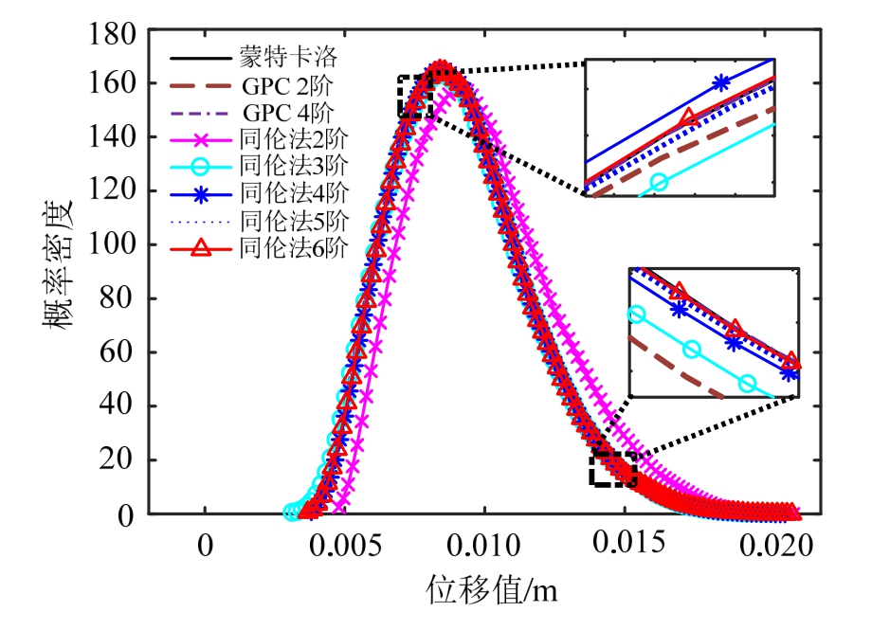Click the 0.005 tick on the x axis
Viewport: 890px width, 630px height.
pyautogui.click(x=344, y=546)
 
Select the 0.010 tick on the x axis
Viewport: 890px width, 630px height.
pyautogui.click(x=484, y=546)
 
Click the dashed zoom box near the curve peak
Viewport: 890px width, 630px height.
pyautogui.click(x=415, y=96)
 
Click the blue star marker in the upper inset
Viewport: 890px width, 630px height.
pyautogui.click(x=721, y=82)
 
